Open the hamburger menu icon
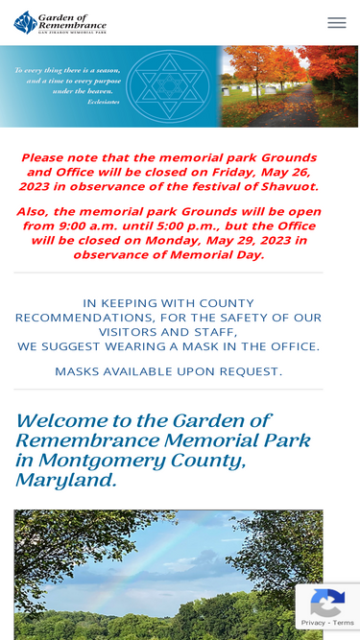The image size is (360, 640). click(x=336, y=23)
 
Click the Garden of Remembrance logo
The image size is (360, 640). click(x=60, y=23)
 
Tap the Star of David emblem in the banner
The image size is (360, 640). click(x=168, y=85)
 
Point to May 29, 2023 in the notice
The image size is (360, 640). click(x=248, y=240)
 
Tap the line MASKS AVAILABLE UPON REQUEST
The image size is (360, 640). click(x=168, y=371)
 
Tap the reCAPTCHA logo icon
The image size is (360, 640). click(x=327, y=603)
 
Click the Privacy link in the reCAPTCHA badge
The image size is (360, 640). click(x=313, y=623)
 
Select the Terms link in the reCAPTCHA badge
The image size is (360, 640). click(x=344, y=623)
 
